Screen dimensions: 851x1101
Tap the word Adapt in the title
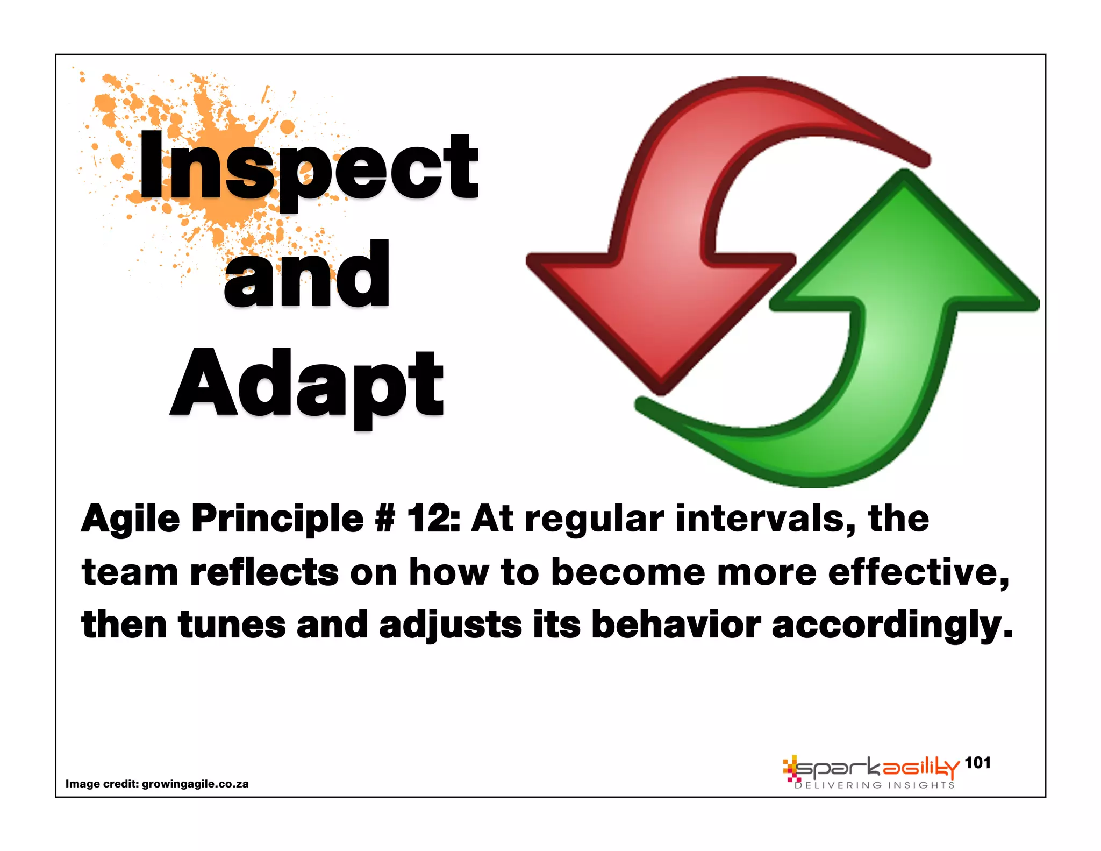click(306, 384)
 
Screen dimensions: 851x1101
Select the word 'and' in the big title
click(306, 275)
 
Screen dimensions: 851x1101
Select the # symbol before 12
click(384, 519)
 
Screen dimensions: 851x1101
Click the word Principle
click(277, 519)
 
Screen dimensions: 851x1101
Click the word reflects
click(264, 572)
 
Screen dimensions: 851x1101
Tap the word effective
click(918, 572)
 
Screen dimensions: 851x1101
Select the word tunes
click(232, 625)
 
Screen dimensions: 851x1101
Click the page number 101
click(977, 763)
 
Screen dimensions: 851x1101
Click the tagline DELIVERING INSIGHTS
click(874, 785)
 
